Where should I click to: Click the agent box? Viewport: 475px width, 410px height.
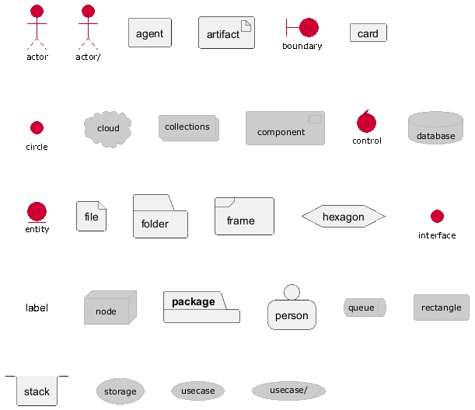point(150,33)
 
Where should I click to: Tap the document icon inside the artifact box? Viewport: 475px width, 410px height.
point(246,26)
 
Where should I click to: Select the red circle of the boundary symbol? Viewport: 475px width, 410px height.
point(309,27)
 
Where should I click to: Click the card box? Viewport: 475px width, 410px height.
point(368,33)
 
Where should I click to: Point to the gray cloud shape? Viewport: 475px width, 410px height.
point(108,129)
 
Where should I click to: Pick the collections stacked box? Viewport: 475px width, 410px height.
point(189,128)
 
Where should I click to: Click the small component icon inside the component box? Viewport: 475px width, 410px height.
point(314,120)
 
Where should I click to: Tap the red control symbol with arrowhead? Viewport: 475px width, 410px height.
point(366,122)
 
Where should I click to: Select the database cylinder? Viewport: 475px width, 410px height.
point(435,127)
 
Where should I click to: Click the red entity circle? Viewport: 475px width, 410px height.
point(37,211)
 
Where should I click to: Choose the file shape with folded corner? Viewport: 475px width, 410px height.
point(91,216)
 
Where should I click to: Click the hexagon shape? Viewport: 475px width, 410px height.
point(344,217)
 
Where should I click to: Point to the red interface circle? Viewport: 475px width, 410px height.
point(437,217)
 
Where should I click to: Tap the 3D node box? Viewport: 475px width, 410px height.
point(110,307)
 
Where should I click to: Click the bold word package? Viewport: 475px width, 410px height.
point(194,301)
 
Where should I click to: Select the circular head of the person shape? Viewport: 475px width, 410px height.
point(292,292)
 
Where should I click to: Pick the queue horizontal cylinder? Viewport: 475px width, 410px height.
point(365,307)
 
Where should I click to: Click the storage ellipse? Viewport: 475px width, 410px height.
point(120,391)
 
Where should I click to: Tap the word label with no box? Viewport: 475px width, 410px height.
point(37,307)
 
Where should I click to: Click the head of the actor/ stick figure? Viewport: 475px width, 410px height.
point(88,11)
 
